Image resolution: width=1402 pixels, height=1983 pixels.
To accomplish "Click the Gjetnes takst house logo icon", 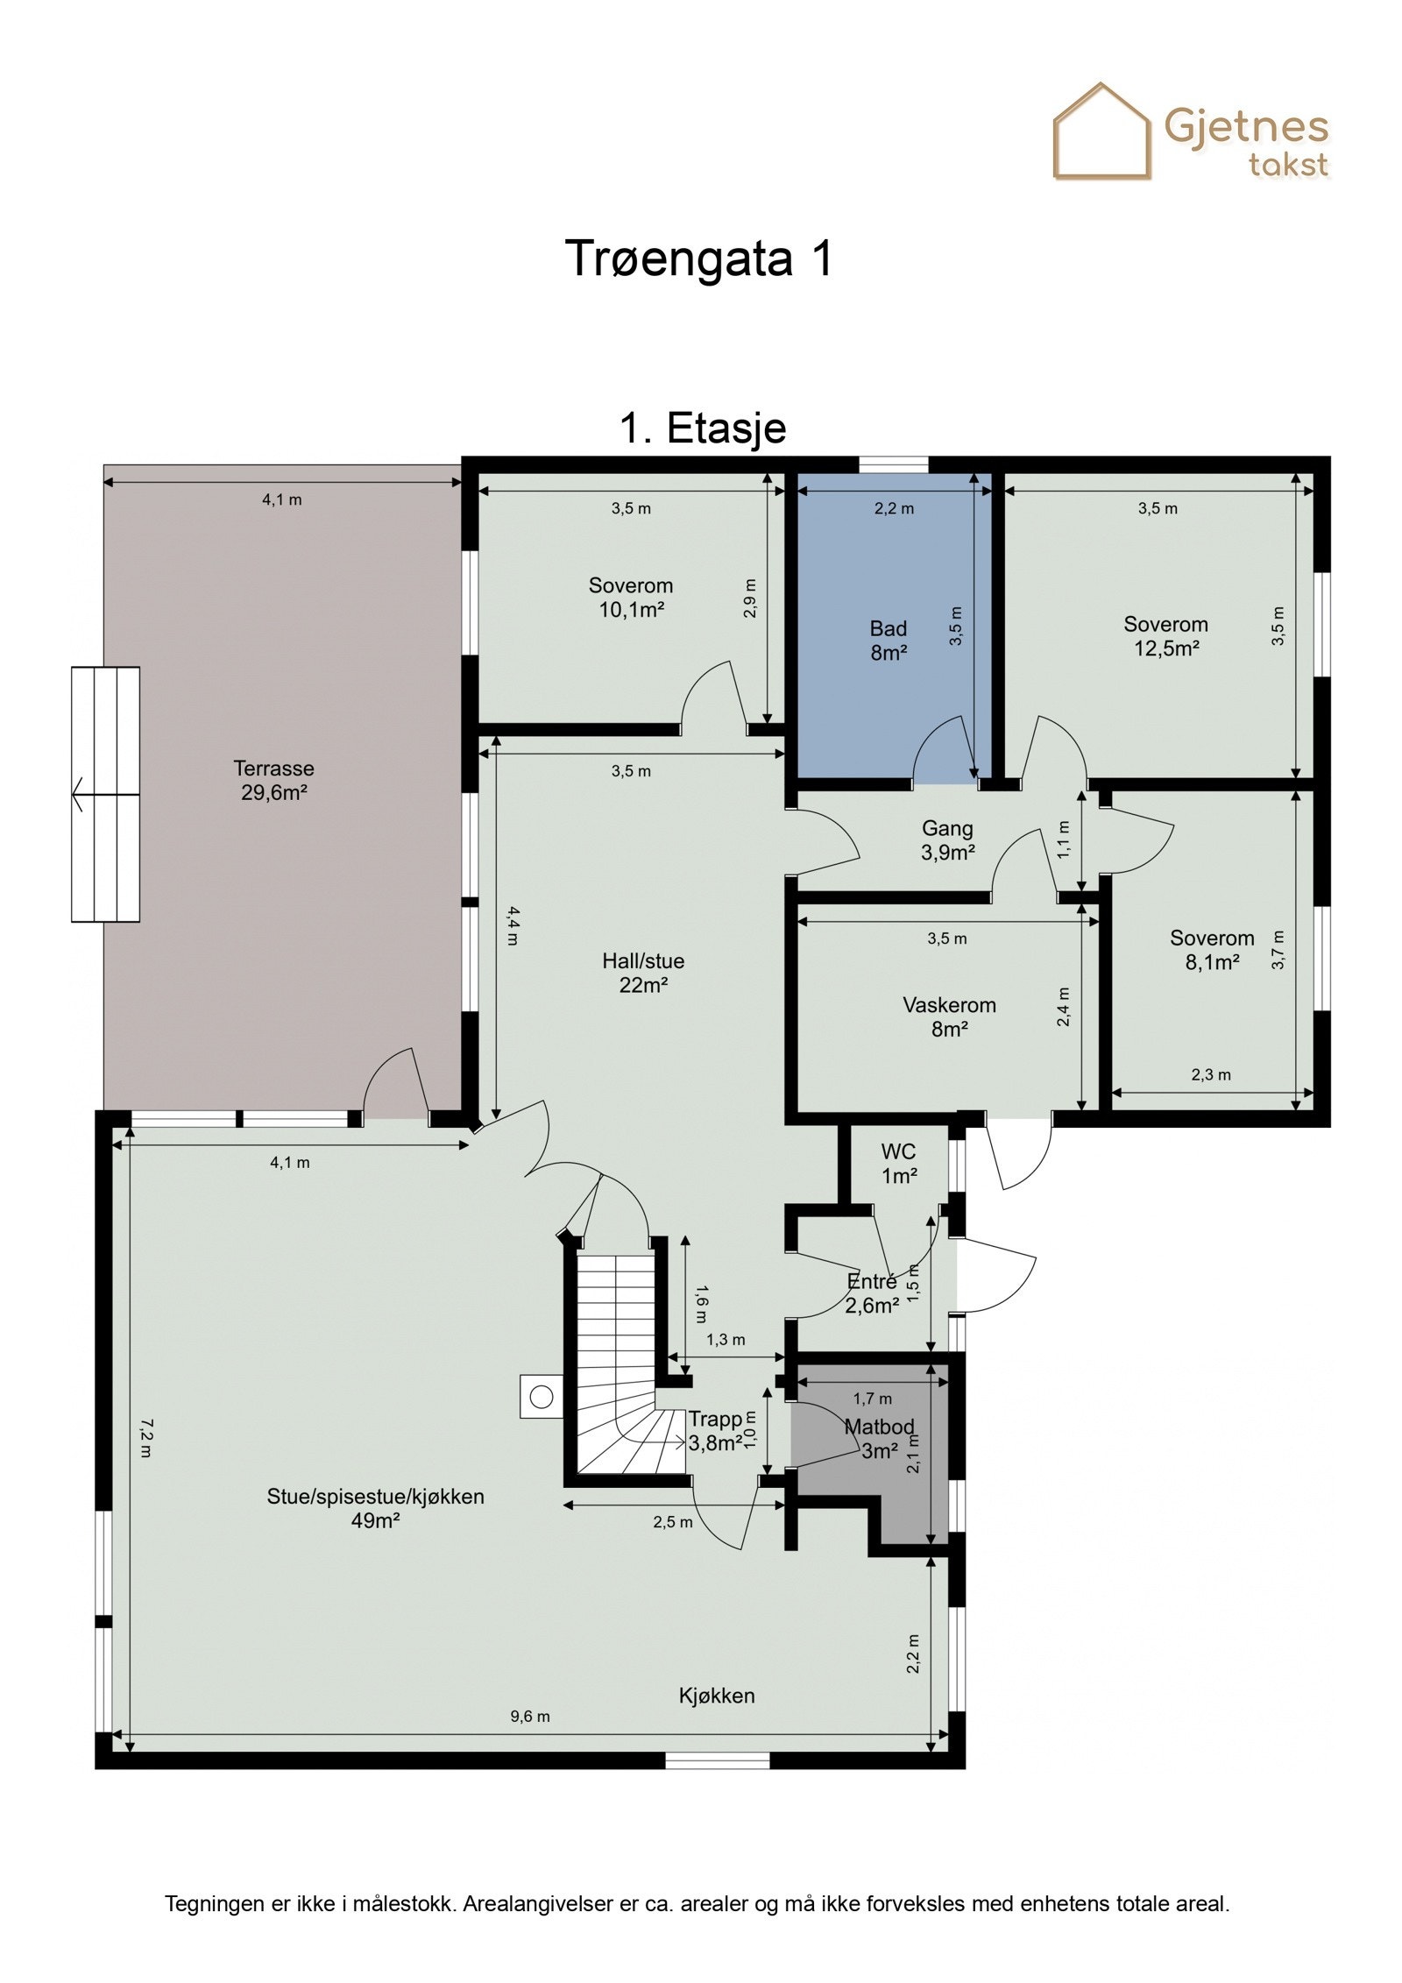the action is pos(1101,131).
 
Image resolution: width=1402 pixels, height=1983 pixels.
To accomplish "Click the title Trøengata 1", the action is pos(698,258).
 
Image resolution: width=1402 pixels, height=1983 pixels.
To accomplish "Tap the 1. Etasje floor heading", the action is pos(703,428).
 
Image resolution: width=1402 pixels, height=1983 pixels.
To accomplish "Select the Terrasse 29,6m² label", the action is pos(273,780).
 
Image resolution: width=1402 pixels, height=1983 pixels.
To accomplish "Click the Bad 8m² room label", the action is pos(888,640).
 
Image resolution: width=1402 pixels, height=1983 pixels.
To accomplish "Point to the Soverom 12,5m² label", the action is pos(1165,635).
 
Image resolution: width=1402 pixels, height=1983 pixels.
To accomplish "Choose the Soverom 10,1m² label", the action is pos(631,597).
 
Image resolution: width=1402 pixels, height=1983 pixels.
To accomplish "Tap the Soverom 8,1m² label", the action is pos(1212,950).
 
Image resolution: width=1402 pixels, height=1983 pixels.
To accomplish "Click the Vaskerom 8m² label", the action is pos(949,1016).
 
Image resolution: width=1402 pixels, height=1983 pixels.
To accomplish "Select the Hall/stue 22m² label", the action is pos(643,973).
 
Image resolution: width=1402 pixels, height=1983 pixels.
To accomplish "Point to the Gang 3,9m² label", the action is pos(947,839).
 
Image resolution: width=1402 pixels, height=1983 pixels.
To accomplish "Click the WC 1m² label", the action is pos(898,1163).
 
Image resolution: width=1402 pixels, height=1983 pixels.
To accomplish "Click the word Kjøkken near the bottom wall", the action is pos(717,1696).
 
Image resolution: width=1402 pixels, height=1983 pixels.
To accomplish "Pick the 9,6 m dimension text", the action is pos(530,1717).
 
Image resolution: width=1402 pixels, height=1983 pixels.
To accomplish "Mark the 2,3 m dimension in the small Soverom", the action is pos(1211,1075).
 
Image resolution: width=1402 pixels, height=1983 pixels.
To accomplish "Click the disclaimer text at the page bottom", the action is pos(697,1903).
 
